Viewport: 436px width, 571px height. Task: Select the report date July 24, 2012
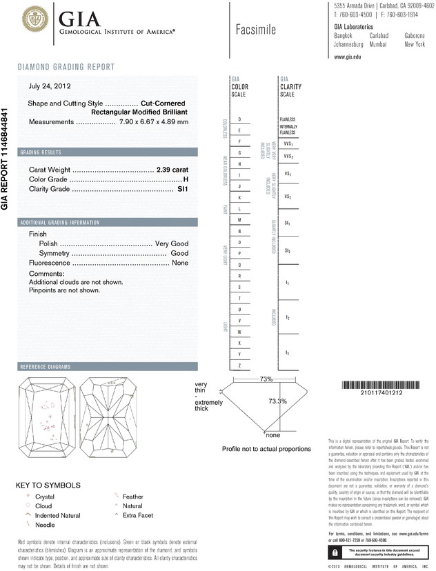pos(50,87)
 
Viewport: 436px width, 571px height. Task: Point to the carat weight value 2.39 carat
pos(172,169)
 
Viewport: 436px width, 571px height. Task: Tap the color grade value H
pos(186,179)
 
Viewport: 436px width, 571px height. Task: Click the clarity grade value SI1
pos(183,188)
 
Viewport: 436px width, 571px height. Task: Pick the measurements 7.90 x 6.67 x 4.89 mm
pos(154,122)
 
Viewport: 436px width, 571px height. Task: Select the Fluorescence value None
pos(180,263)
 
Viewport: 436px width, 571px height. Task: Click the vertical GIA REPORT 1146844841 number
pos(6,159)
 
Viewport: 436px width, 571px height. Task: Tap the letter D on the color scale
pos(239,119)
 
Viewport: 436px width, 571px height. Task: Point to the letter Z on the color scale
pos(239,365)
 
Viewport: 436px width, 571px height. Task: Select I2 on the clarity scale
pos(288,318)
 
